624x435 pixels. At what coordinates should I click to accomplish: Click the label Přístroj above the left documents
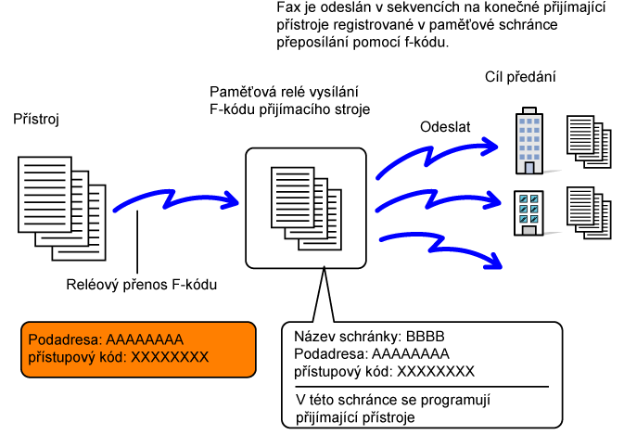pos(35,120)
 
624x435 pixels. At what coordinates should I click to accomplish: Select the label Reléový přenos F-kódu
pos(142,285)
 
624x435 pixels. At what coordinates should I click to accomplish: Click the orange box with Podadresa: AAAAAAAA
pos(136,348)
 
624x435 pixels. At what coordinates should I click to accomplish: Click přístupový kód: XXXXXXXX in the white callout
pos(384,371)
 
